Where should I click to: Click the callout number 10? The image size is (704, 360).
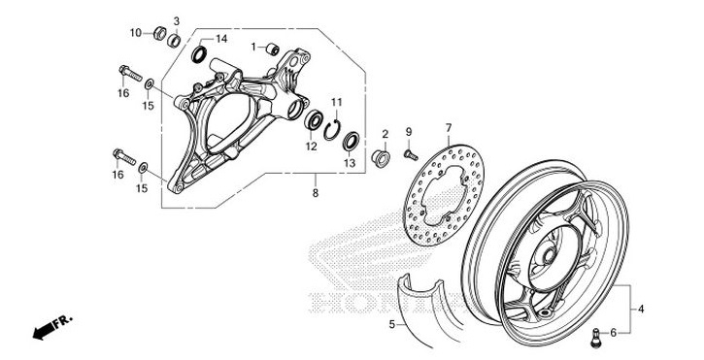tap(136, 33)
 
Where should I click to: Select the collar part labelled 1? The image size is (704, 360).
tap(273, 49)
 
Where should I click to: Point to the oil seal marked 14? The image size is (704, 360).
tap(199, 53)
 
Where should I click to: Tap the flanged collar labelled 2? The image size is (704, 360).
tap(383, 155)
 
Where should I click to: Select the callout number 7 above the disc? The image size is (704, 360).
tap(449, 128)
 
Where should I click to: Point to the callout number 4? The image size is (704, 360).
tap(641, 310)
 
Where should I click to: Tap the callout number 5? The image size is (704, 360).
tap(392, 323)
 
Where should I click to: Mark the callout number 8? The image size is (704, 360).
tap(315, 194)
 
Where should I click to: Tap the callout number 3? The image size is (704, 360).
tap(177, 20)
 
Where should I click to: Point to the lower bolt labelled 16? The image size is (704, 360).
tap(119, 154)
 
